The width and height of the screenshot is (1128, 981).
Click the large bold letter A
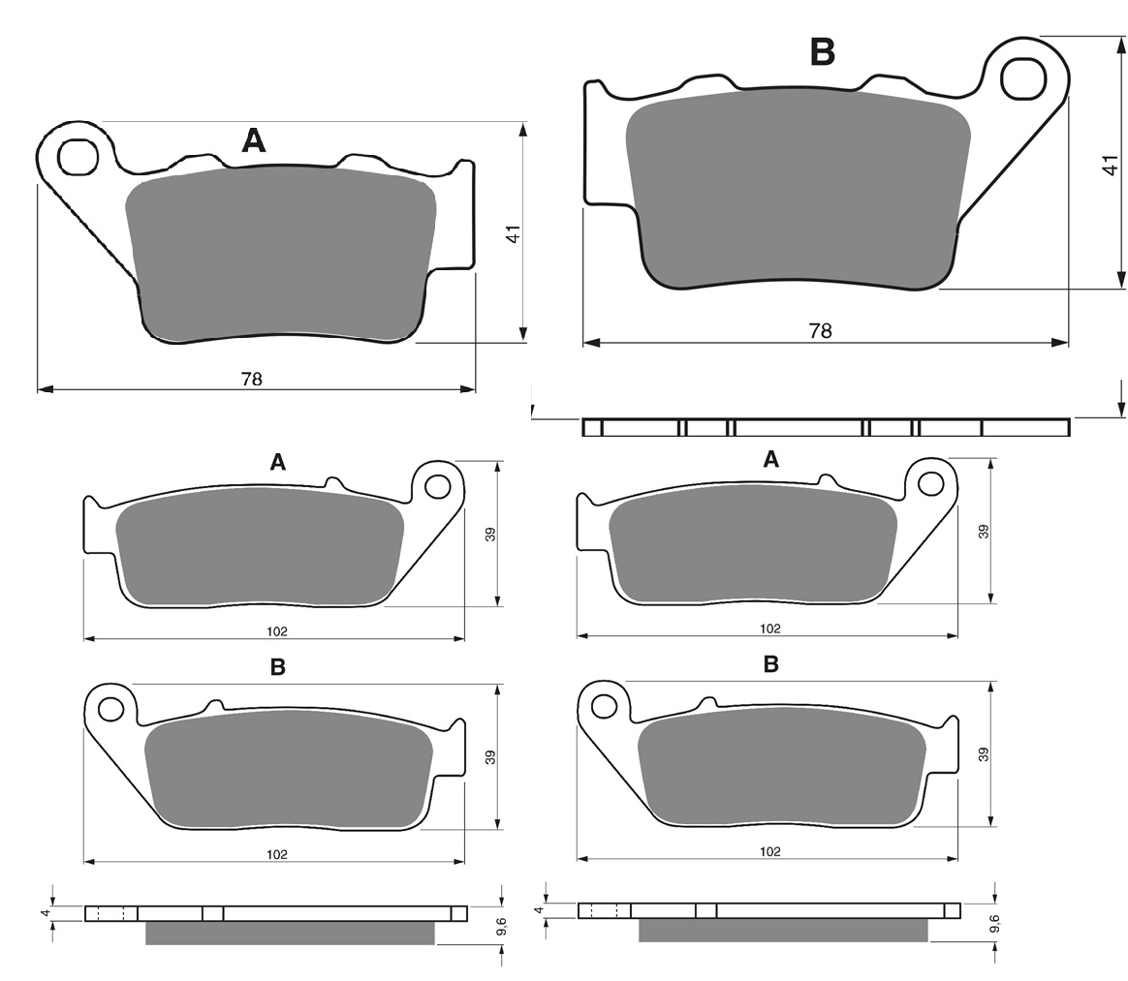click(253, 140)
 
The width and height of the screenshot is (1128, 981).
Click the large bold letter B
click(823, 51)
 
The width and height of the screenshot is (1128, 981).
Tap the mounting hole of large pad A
click(78, 158)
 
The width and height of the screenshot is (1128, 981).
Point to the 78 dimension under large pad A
click(252, 379)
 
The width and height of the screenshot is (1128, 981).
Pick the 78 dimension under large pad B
click(820, 330)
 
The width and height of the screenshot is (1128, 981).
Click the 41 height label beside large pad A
click(513, 234)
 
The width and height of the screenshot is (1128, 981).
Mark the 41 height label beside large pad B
click(1111, 165)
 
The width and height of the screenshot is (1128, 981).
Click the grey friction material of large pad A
click(281, 253)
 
